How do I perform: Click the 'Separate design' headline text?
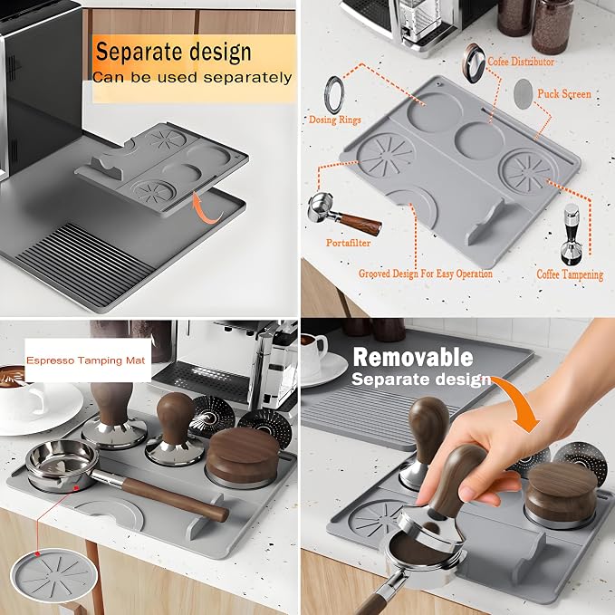pos(173,53)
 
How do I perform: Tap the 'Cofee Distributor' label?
pos(521,62)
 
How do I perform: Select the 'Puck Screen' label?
pos(564,94)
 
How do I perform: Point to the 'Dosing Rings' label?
pos(334,120)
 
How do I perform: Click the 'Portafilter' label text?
pos(349,243)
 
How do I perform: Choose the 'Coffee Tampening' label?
pos(570,274)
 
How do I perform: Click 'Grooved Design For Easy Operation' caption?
pos(426,274)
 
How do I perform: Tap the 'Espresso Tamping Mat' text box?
pos(86,360)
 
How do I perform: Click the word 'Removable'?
pos(413,358)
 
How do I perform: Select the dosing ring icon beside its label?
pos(333,95)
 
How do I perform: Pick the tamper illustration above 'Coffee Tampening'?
pos(571,234)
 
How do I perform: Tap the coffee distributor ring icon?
pos(473,62)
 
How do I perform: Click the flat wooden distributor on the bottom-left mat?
pos(243,456)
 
